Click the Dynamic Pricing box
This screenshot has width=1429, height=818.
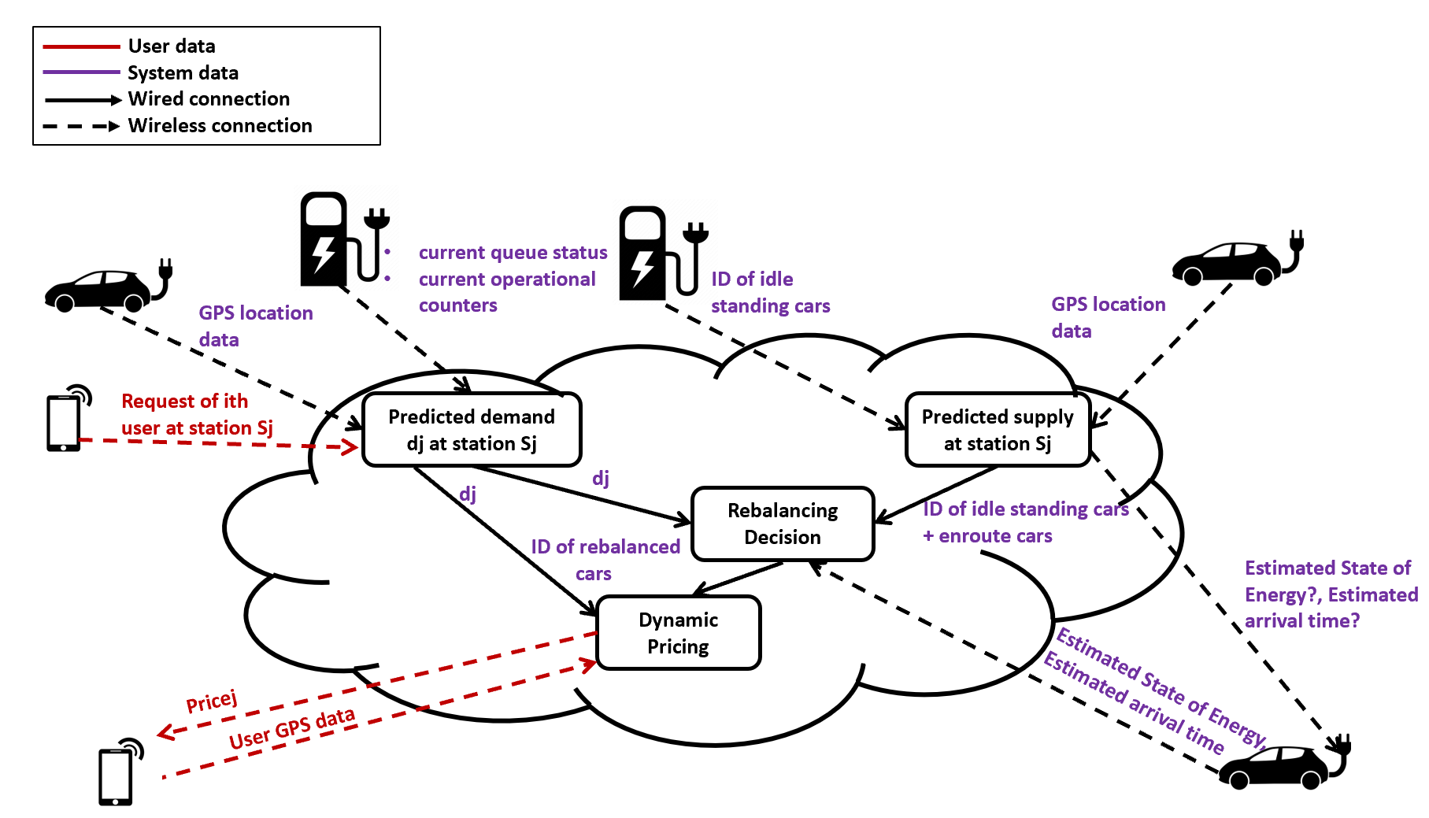click(x=679, y=633)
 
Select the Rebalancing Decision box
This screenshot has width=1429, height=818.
click(x=783, y=524)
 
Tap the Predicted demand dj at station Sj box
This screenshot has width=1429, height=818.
click(x=472, y=430)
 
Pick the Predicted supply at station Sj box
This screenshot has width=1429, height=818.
click(x=998, y=430)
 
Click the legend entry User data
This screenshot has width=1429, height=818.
click(x=171, y=46)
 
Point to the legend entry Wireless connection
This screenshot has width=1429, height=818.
click(x=220, y=126)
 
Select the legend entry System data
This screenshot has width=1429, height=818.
click(x=183, y=73)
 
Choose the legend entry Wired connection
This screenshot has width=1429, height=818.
click(x=209, y=99)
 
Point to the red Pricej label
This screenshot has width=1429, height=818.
click(x=211, y=701)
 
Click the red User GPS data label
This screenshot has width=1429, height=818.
click(x=292, y=729)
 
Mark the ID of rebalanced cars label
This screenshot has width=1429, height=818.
click(x=605, y=560)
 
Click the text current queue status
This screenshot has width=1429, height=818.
click(x=513, y=253)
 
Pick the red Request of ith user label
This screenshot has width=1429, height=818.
click(x=196, y=415)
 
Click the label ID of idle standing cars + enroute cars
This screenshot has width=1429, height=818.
click(x=1025, y=522)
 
